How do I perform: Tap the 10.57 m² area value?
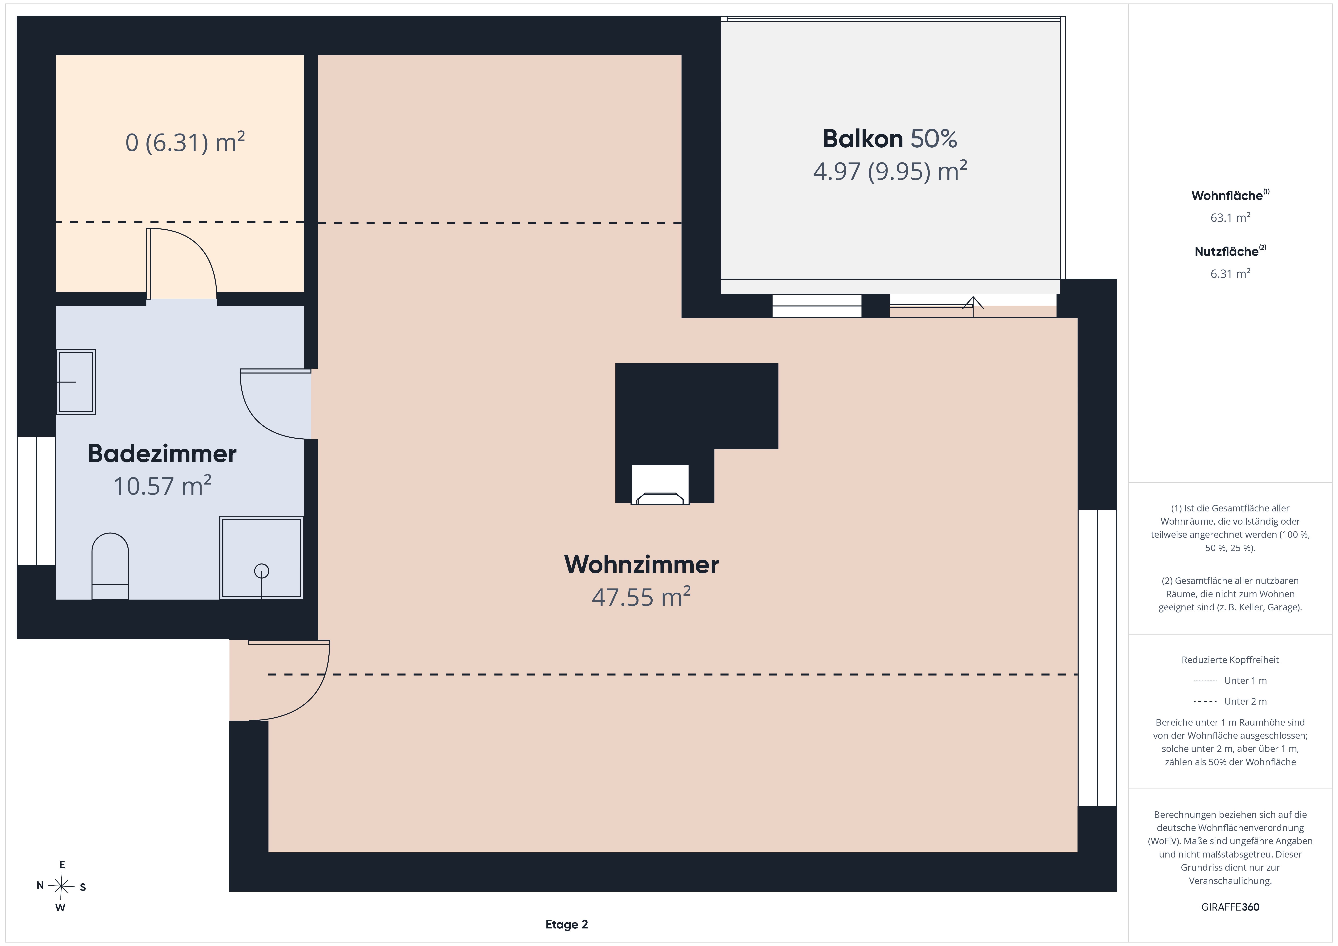(162, 485)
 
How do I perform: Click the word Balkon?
(863, 139)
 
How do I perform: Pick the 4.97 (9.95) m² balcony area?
(890, 171)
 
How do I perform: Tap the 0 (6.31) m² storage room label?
(185, 142)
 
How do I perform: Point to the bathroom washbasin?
(76, 382)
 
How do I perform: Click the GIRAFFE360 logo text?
(1230, 907)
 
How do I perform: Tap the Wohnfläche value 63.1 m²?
(1230, 217)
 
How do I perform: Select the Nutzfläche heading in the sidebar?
(1227, 252)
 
